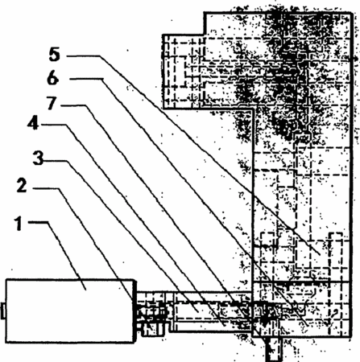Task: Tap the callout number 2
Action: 22,186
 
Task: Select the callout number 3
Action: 38,158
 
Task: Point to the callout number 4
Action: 33,123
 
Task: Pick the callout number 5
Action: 55,54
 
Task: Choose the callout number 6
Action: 53,78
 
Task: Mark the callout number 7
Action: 52,103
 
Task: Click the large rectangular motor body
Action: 70,311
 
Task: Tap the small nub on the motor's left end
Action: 3,311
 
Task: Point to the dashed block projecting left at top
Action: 184,72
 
